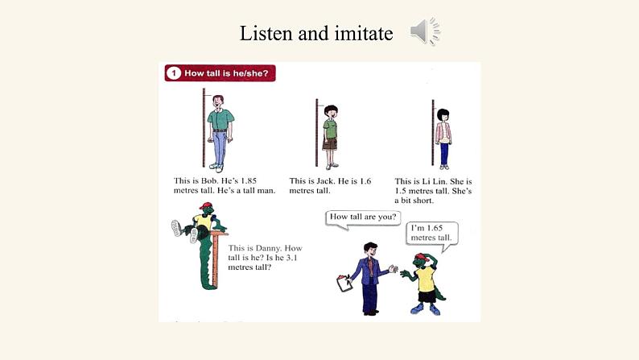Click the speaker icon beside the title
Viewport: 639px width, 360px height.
(x=425, y=31)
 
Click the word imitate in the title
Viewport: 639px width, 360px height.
(x=364, y=33)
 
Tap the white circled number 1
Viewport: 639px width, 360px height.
(x=174, y=73)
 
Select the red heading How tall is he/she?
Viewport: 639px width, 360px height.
(x=220, y=73)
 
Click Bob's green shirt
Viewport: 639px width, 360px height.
(x=221, y=119)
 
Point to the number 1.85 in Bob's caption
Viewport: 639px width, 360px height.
(x=248, y=180)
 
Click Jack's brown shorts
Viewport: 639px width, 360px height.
(x=330, y=144)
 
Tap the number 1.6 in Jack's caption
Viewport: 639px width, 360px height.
(x=365, y=181)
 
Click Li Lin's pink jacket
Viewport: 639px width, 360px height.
(x=443, y=132)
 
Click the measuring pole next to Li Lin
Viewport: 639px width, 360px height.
(x=433, y=133)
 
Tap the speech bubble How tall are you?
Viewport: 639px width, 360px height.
(x=363, y=218)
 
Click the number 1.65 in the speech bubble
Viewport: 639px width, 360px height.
(x=435, y=228)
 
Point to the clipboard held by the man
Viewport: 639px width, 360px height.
(x=344, y=283)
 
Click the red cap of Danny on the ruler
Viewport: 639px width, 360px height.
(x=206, y=206)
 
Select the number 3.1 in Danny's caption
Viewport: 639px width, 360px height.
(x=292, y=258)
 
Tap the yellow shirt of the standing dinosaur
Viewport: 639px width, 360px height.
(x=427, y=279)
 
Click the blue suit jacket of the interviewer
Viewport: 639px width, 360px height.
(x=369, y=271)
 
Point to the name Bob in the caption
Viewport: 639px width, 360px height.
(x=209, y=180)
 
